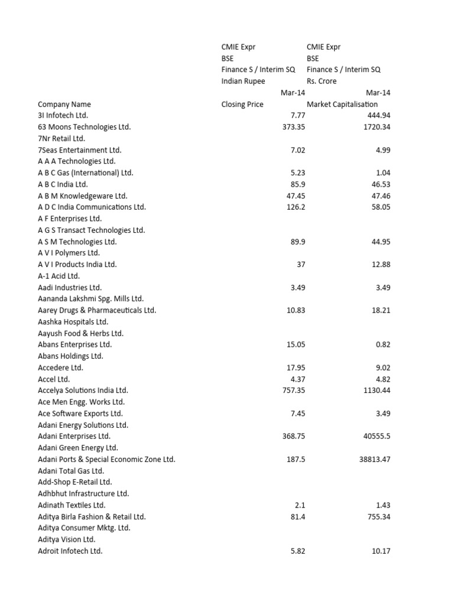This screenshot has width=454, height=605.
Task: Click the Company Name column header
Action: pos(64,105)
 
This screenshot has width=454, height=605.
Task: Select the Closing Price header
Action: pos(242,105)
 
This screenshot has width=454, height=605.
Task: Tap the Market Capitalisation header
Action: pos(342,105)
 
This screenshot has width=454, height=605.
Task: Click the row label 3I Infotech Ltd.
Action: pos(63,116)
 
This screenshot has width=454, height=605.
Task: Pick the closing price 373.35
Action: pos(294,127)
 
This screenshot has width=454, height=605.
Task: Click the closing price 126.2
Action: pos(296,207)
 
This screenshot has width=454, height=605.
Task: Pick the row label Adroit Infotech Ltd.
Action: pos(70,551)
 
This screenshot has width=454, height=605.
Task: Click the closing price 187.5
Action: pos(296,460)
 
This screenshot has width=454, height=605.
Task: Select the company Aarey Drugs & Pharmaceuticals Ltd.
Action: pos(97,310)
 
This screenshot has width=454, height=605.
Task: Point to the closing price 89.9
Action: pos(298,242)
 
